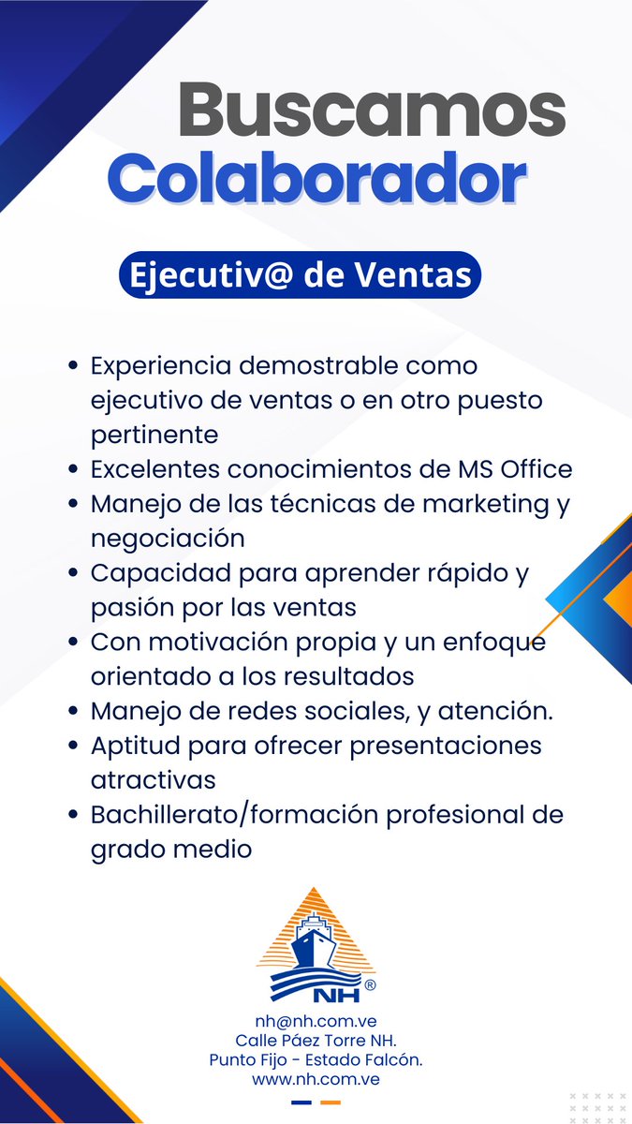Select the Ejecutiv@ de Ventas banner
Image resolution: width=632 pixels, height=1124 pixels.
(300, 275)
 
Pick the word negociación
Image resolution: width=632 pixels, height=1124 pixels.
(168, 538)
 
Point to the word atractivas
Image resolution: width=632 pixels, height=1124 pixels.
(154, 779)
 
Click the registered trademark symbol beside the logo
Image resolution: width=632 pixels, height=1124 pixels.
(370, 985)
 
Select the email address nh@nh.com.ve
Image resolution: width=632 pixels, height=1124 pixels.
(316, 1021)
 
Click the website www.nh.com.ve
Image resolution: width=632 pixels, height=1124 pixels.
(316, 1079)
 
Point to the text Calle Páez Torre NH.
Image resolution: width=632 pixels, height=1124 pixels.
(316, 1041)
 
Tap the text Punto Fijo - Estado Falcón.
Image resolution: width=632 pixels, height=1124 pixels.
(316, 1059)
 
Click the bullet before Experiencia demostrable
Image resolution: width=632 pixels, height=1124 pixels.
(72, 365)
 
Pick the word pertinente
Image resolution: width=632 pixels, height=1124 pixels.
(154, 435)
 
